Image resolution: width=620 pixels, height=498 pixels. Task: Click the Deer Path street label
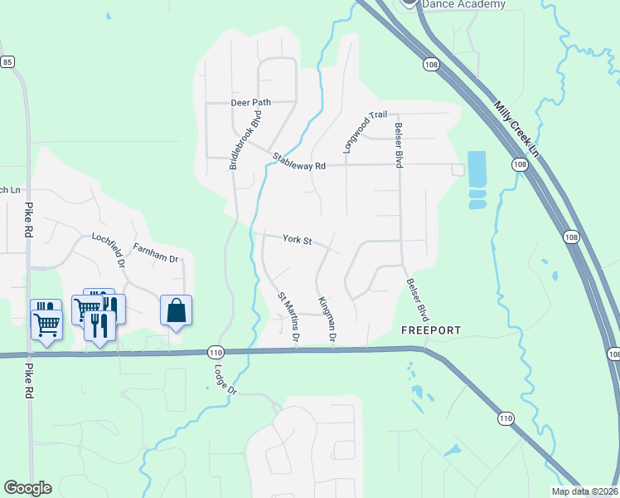pos(250,102)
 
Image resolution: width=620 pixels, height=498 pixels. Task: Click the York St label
pos(297,240)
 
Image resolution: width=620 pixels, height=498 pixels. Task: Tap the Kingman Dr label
pos(326,320)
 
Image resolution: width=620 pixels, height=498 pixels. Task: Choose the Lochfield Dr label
pos(108,249)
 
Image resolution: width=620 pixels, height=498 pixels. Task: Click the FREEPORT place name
pos(431,330)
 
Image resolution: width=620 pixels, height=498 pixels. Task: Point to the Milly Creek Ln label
pos(516,129)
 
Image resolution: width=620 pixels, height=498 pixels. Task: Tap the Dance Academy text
pos(463,4)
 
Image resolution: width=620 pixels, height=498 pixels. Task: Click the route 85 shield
pos(7,62)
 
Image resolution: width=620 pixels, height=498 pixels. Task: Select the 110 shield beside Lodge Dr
pos(216,351)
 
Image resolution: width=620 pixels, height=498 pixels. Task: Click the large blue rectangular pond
pos(477,170)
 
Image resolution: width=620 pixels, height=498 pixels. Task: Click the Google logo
pos(27,488)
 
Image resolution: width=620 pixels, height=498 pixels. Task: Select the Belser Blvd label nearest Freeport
pos(418,300)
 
